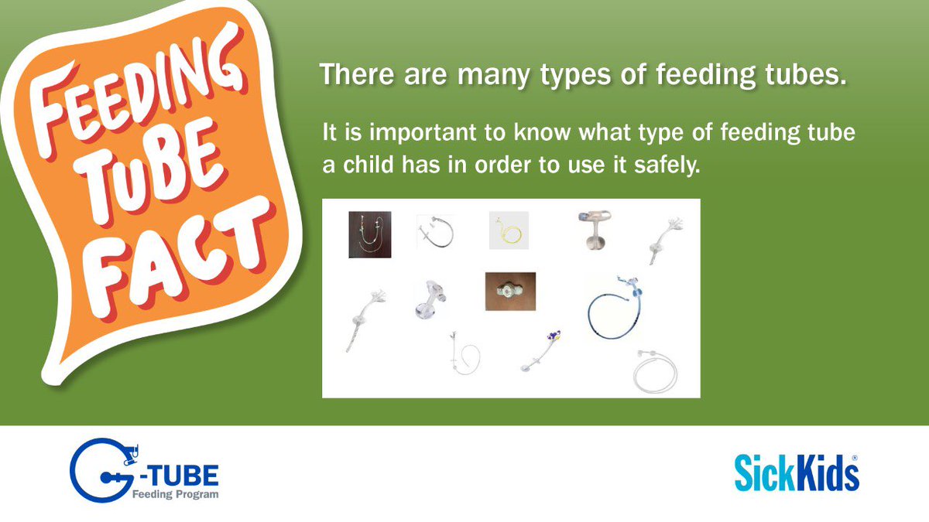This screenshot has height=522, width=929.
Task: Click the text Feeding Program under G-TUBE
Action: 174,493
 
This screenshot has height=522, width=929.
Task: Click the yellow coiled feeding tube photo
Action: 509,230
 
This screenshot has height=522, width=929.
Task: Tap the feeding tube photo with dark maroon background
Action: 369,234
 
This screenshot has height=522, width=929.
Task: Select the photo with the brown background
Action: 510,292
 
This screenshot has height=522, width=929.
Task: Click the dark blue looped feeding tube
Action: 615,310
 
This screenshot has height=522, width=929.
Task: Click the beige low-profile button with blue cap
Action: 595,229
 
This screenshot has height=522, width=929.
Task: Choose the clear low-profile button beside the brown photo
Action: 429,299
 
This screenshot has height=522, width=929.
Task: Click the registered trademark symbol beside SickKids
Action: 855,458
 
